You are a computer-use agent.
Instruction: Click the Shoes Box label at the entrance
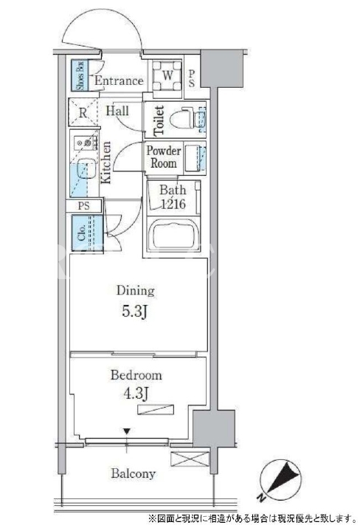[x=80, y=75]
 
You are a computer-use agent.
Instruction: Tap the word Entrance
[x=119, y=80]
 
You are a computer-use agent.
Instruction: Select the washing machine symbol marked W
[x=167, y=75]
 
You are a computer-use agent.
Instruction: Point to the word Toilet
[x=159, y=120]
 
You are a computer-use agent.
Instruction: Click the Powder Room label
[x=164, y=157]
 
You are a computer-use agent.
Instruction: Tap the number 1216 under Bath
[x=173, y=204]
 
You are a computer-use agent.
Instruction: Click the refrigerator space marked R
[x=83, y=112]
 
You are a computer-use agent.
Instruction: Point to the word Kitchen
[x=105, y=162]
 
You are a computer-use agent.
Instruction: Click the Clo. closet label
[x=81, y=233]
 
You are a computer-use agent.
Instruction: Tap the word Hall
[x=117, y=111]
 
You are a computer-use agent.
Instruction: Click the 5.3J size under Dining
[x=134, y=312]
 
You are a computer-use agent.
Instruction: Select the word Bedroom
[x=136, y=374]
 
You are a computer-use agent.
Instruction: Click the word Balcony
[x=134, y=474]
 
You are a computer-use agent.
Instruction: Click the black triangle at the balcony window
[x=126, y=431]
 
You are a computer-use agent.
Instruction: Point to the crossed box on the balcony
[x=190, y=459]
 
